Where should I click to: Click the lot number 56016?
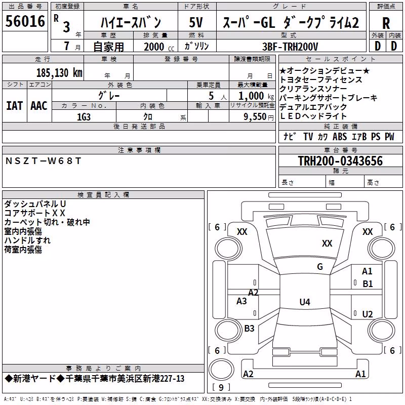(x=25, y=21)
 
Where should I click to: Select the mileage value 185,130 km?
(x=59, y=73)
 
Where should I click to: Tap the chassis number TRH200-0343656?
(x=340, y=161)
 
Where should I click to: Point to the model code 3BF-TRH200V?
(x=290, y=47)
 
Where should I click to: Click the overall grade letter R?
(x=386, y=23)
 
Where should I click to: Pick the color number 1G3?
(x=84, y=117)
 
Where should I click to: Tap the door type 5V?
(x=196, y=22)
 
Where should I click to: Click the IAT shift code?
(x=14, y=106)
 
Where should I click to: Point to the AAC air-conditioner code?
(x=39, y=106)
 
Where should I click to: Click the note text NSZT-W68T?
(x=44, y=161)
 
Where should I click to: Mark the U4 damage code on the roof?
(x=305, y=302)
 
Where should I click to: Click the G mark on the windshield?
(x=320, y=266)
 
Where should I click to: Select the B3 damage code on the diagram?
(x=249, y=328)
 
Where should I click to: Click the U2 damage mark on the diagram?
(x=368, y=314)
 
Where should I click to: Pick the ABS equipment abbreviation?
(x=340, y=136)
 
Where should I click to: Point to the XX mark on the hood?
(x=327, y=243)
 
